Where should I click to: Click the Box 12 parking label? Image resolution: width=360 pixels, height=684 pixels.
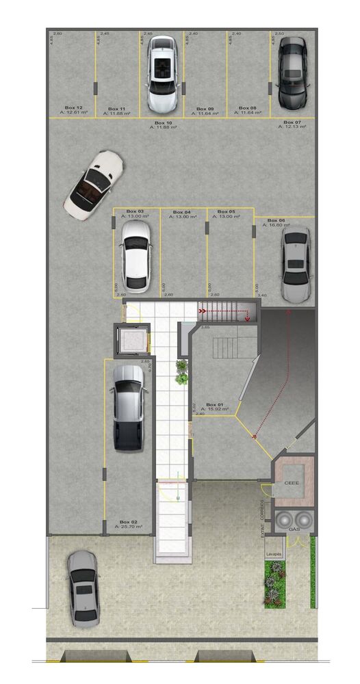pos(74,108)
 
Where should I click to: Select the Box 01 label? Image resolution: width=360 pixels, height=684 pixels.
pos(215,404)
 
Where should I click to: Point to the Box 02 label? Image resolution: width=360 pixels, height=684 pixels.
pos(129,521)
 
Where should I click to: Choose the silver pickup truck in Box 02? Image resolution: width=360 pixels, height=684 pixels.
pos(129,408)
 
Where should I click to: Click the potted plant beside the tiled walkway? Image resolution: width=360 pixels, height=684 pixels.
pos(182,373)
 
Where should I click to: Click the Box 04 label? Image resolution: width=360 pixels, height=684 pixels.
pos(182,212)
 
